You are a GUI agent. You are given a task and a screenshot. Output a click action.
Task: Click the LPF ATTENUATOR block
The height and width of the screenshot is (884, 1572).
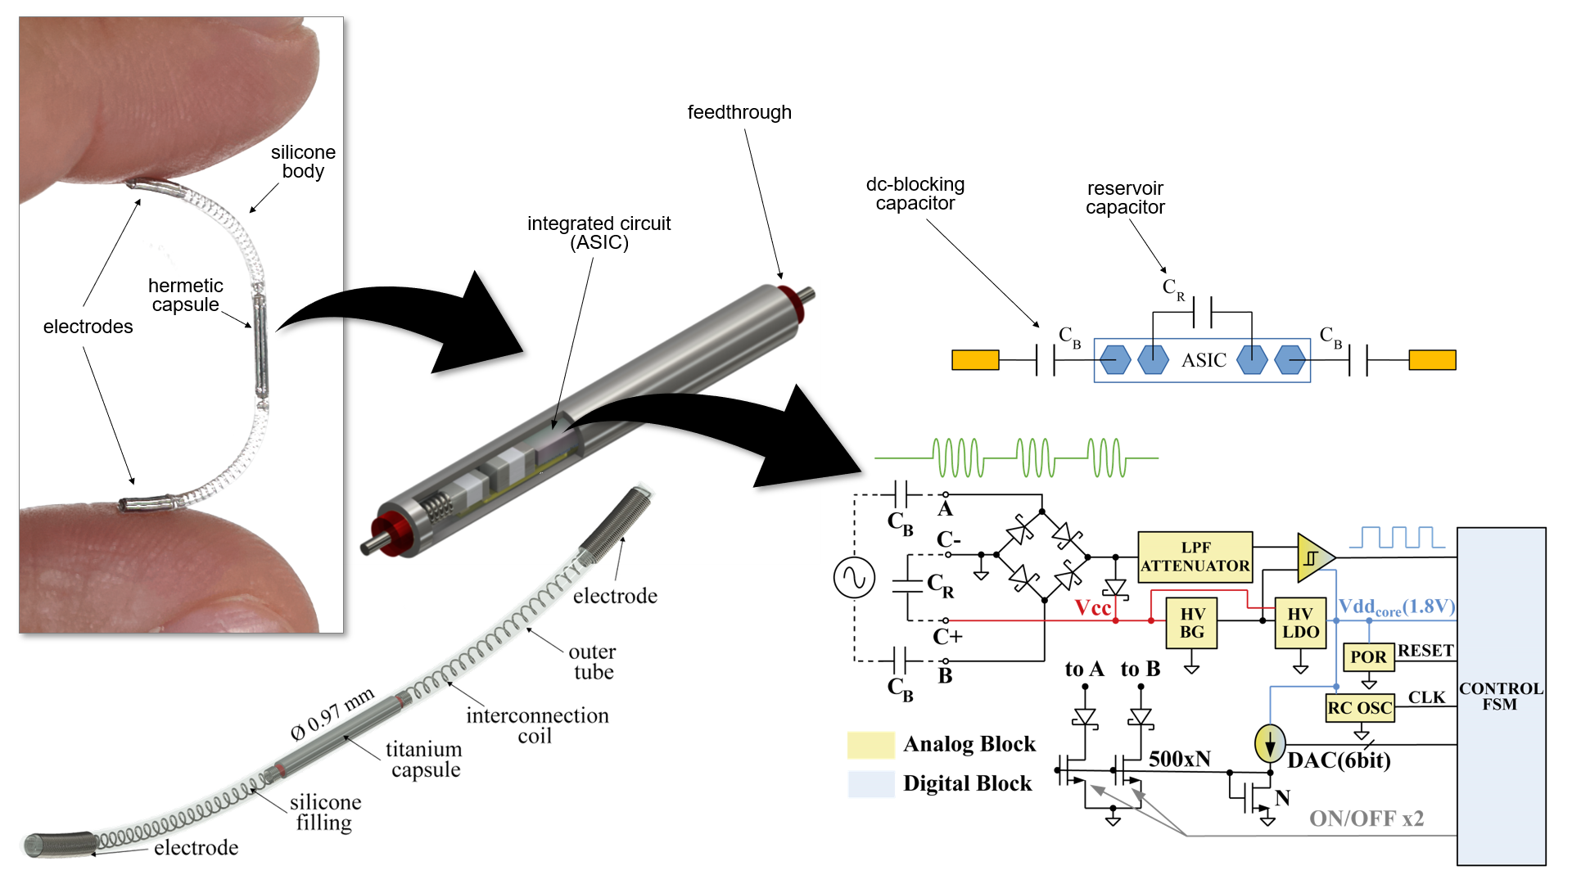[x=1195, y=557]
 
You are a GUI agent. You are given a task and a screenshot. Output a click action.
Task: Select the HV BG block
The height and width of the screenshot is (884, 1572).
[x=1191, y=623]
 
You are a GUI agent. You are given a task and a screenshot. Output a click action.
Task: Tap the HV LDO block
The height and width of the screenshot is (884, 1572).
[x=1300, y=623]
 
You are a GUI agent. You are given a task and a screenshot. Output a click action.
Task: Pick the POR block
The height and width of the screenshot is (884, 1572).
[x=1368, y=657]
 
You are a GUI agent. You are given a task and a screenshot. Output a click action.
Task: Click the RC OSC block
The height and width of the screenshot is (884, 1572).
[x=1359, y=708]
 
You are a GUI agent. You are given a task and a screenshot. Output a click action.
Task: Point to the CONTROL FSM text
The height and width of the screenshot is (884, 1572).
[x=1501, y=697]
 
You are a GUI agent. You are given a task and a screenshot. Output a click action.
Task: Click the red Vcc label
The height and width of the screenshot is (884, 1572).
[x=1093, y=608]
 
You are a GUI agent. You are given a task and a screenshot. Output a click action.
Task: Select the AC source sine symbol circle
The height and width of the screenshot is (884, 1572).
[x=854, y=578]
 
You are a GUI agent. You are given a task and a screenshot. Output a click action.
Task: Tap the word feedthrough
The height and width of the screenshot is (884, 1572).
[x=739, y=112]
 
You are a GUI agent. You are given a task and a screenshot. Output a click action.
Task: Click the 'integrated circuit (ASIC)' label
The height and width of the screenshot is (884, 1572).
[x=599, y=233]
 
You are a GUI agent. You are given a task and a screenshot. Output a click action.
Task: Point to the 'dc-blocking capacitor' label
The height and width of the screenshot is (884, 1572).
[x=915, y=194]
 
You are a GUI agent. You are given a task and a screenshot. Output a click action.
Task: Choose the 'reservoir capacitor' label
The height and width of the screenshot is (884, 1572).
[x=1125, y=198]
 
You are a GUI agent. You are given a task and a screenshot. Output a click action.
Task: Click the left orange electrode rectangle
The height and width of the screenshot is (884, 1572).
[x=975, y=360]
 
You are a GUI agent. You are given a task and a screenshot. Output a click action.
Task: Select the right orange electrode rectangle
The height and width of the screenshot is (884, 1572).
[x=1432, y=360]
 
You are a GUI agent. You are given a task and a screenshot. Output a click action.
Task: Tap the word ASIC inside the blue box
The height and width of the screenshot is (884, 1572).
[x=1204, y=360]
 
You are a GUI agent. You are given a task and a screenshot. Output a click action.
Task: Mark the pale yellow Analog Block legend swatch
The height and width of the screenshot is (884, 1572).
[x=871, y=745]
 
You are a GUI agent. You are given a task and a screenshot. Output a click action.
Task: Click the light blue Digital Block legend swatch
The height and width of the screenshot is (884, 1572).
[x=871, y=784]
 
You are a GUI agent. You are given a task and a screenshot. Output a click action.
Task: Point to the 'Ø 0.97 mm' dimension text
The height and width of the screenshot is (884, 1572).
[x=332, y=714]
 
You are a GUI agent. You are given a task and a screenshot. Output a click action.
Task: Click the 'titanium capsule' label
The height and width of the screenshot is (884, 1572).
[x=424, y=760]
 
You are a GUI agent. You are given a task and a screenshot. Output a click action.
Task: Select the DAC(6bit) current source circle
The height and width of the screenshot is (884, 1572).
[x=1270, y=743]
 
